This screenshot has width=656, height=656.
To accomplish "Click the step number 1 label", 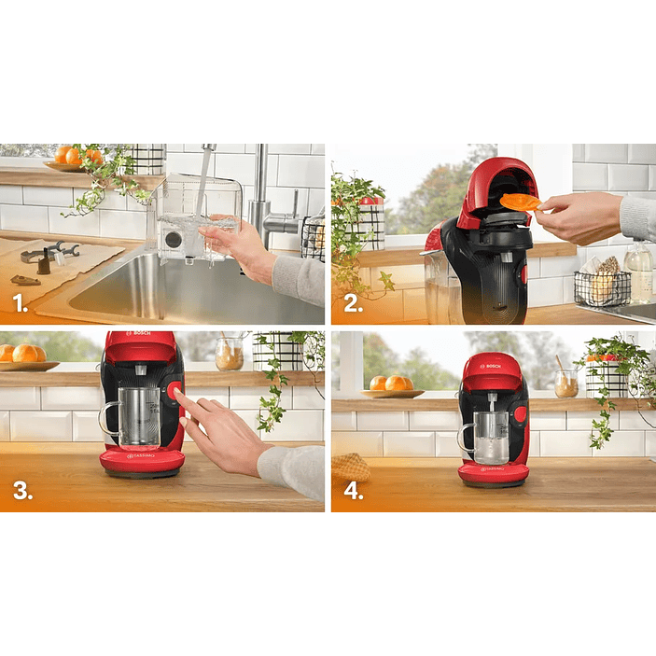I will (x=20, y=303).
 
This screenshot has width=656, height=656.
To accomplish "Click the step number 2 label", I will (x=353, y=303).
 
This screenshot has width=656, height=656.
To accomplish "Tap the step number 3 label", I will (x=21, y=492).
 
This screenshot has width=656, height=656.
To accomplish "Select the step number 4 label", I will (x=354, y=492).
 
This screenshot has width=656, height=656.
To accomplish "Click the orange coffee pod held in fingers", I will (x=521, y=202).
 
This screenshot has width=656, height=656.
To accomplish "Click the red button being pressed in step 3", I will (x=174, y=393).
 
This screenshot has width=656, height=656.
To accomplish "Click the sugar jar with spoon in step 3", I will (x=229, y=354).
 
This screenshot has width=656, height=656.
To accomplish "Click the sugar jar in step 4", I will (x=565, y=383).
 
